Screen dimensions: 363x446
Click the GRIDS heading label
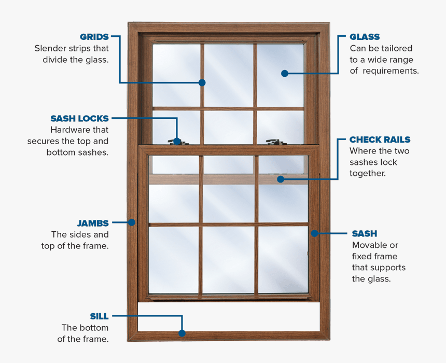[94, 37]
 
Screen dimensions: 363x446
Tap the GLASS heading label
[365, 37]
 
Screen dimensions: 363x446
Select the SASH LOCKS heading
[79, 119]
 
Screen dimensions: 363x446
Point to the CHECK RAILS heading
[380, 140]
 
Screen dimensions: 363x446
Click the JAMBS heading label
[93, 224]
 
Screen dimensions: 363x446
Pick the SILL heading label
[99, 316]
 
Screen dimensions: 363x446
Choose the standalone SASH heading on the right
[364, 234]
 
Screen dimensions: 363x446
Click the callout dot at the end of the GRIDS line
[202, 82]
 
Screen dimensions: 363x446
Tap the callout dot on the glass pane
[284, 74]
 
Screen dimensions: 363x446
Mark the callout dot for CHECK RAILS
[281, 179]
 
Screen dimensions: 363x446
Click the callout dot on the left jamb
[132, 222]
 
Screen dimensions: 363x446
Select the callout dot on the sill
[182, 333]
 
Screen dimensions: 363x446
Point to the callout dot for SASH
[314, 233]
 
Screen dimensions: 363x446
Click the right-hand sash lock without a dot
[273, 141]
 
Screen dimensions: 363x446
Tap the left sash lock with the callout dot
[177, 141]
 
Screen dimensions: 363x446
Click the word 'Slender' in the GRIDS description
[50, 48]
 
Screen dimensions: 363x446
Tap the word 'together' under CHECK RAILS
[367, 173]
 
